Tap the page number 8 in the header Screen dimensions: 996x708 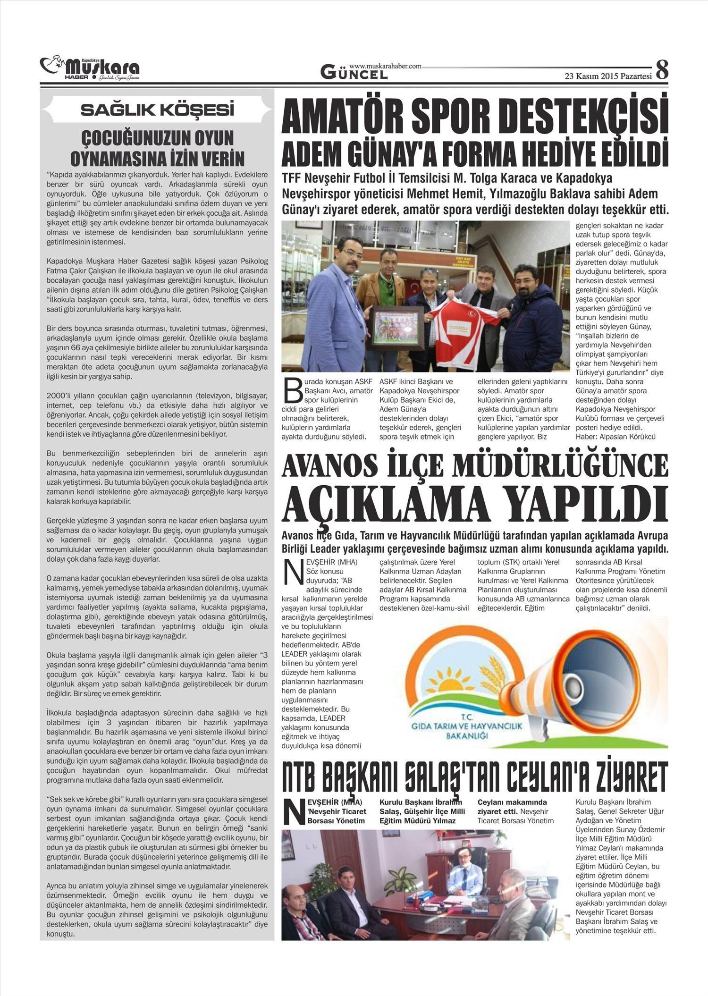[662, 70]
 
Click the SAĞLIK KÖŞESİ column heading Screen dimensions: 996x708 [157, 110]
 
